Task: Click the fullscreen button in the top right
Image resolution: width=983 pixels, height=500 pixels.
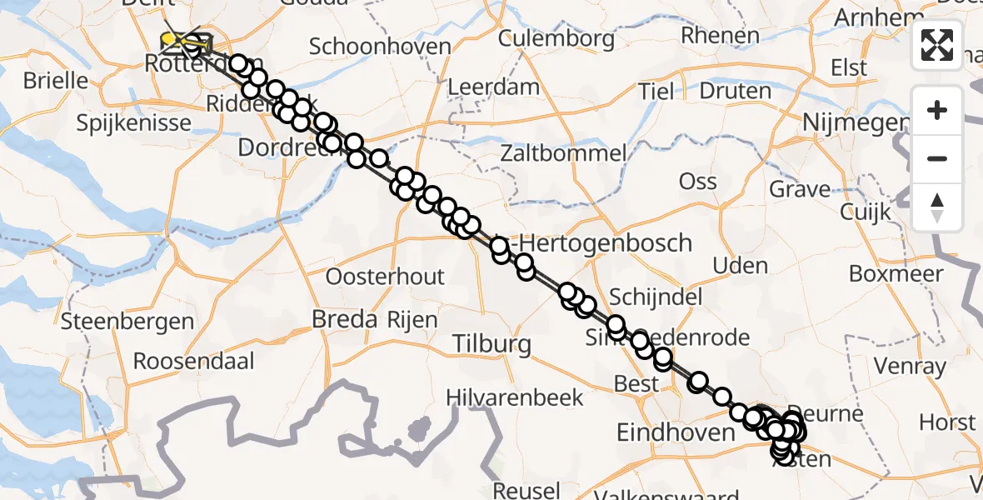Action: [937, 45]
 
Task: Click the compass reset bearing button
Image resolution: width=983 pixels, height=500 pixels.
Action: [937, 207]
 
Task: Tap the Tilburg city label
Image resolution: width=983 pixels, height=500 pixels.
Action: [492, 343]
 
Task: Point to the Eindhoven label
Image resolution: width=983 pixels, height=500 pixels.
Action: [675, 432]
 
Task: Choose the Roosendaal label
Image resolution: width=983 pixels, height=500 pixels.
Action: [193, 362]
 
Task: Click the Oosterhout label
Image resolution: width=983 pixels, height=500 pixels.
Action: [386, 277]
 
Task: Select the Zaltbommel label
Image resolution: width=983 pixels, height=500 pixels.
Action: [563, 153]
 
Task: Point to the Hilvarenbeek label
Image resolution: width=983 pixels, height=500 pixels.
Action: [526, 397]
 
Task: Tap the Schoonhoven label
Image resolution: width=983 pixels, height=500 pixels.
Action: [380, 47]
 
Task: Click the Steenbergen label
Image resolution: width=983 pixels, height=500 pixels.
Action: [127, 321]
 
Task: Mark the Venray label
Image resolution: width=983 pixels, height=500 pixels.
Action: [911, 366]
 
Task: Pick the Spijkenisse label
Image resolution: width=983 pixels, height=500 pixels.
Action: [133, 123]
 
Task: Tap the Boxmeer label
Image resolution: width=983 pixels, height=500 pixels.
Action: [896, 273]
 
